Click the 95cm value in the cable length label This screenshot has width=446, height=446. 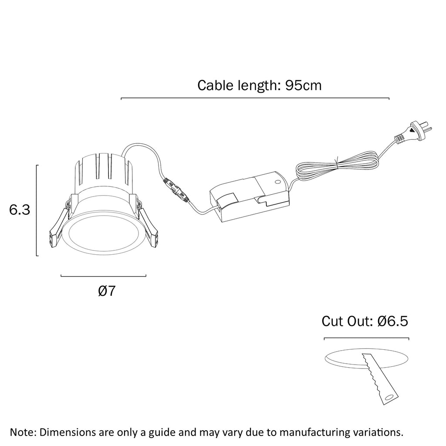[x=303, y=85]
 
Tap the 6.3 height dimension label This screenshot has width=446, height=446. [x=20, y=210]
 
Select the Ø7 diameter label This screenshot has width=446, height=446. [x=107, y=291]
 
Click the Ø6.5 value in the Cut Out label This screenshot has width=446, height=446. [x=393, y=322]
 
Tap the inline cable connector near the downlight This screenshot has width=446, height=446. [x=175, y=190]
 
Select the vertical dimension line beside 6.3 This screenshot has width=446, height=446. [x=37, y=210]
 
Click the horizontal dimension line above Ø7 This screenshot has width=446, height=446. [x=103, y=276]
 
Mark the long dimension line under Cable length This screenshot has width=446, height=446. [x=255, y=99]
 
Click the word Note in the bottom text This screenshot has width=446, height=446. [x=23, y=432]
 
